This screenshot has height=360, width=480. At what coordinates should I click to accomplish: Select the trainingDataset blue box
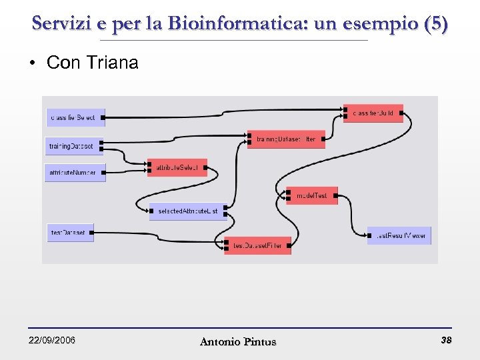click(x=73, y=145)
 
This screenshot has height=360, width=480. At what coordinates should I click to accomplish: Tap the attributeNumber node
click(x=75, y=172)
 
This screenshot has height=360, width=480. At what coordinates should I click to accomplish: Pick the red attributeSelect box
click(x=177, y=167)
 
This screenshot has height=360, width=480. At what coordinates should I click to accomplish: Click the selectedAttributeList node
click(x=187, y=211)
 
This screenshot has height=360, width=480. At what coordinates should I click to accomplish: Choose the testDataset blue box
click(x=69, y=233)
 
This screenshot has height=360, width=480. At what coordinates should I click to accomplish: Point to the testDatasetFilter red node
click(x=257, y=246)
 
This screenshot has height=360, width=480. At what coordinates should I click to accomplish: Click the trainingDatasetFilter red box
click(x=286, y=139)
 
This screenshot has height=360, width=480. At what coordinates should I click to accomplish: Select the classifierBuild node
click(x=373, y=113)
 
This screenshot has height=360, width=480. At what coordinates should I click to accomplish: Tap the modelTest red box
click(x=312, y=195)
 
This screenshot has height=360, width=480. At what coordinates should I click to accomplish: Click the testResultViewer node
click(x=399, y=235)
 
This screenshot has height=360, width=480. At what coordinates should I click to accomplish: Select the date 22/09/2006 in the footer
click(x=52, y=341)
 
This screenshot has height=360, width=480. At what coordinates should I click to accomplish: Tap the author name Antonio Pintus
click(x=238, y=341)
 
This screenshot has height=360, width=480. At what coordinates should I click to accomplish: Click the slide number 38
click(x=446, y=340)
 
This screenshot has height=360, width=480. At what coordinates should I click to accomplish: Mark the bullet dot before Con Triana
click(x=31, y=63)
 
